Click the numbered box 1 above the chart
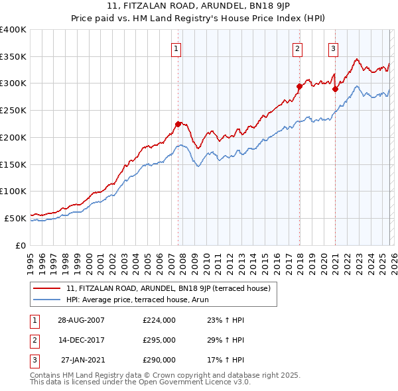176,48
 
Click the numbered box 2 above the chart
297,48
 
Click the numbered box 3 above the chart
332,48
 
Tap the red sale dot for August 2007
178,124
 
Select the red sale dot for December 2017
299,85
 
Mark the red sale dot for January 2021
335,88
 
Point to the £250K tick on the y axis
13,110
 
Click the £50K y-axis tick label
15,217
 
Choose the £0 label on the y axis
21,245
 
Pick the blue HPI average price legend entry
147,300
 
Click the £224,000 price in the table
159,319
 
